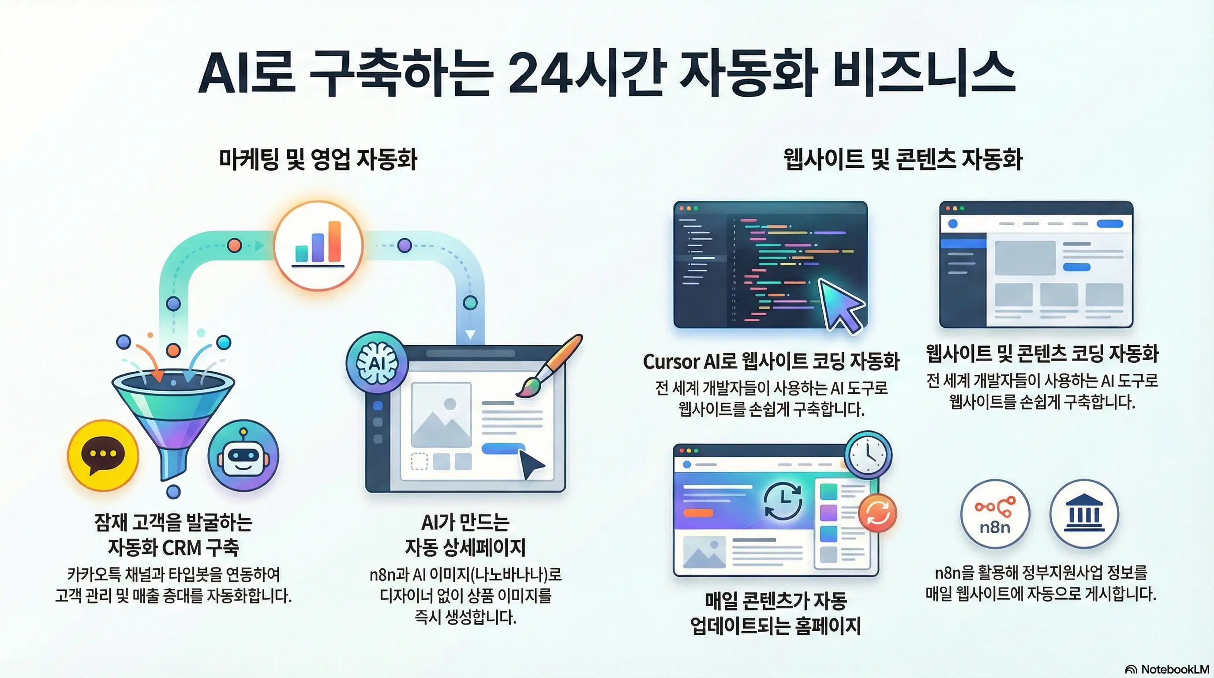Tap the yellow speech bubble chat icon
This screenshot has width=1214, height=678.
[x=103, y=456]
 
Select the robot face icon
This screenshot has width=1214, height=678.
[x=243, y=456]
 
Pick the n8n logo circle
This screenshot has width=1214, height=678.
[x=995, y=514]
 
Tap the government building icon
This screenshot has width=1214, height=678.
[x=1084, y=514]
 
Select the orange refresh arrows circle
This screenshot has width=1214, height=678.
[x=877, y=513]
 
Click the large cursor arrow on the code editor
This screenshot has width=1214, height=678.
[x=840, y=304]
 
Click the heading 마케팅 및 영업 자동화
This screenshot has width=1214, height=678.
[x=318, y=159]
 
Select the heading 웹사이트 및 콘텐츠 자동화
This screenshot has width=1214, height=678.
[x=903, y=159]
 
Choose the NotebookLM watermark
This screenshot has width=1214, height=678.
[x=1167, y=669]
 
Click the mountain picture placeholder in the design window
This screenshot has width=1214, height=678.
[x=441, y=415]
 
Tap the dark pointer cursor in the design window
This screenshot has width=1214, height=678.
[x=530, y=464]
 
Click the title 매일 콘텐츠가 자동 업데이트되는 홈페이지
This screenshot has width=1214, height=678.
[x=775, y=614]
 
